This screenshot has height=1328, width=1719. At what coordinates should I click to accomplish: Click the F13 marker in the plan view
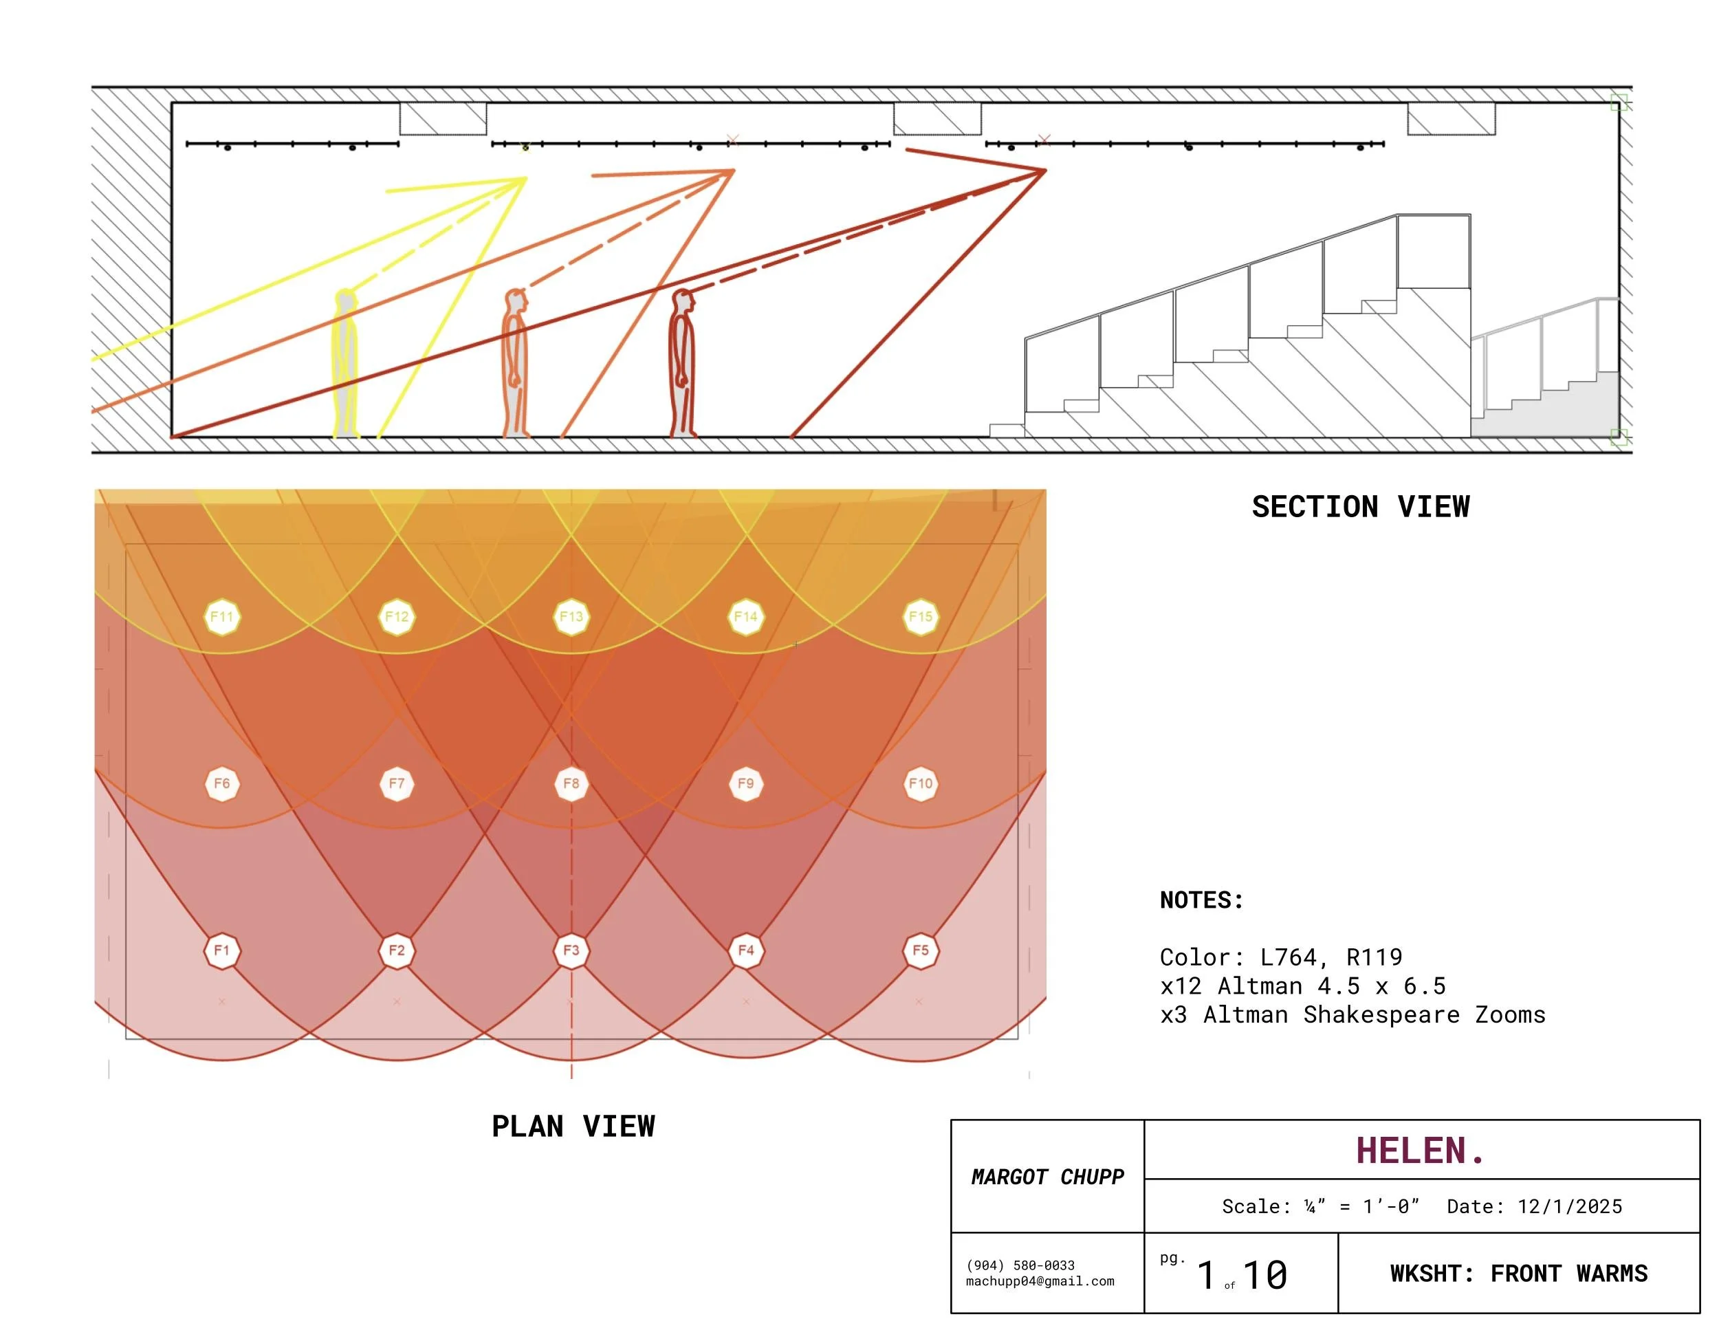(571, 616)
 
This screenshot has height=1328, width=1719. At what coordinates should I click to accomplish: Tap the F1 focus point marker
(222, 950)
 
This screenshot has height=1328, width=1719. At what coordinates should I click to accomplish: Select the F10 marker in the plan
(920, 783)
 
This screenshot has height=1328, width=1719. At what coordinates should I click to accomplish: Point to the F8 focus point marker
(571, 783)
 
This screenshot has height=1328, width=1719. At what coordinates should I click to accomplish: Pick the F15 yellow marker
(920, 616)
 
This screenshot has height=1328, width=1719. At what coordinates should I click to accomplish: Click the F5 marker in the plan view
(920, 950)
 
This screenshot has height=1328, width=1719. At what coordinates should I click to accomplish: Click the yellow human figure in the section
(344, 364)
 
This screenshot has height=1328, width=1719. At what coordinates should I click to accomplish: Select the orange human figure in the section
(516, 364)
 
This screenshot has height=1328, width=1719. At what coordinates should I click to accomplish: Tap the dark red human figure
(682, 364)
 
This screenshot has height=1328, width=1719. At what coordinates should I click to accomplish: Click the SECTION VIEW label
(1361, 506)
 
